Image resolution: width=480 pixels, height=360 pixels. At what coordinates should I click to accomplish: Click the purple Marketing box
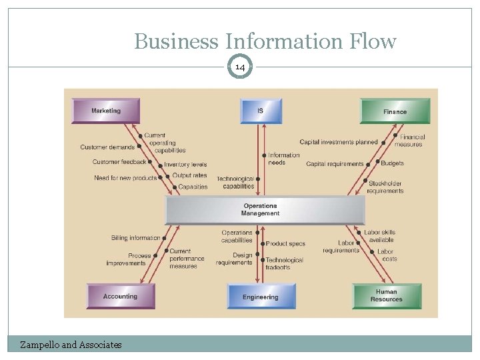pos(106,111)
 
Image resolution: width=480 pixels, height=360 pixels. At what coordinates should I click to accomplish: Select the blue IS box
pos(261,111)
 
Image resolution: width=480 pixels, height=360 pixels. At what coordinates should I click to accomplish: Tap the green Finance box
pos(395,111)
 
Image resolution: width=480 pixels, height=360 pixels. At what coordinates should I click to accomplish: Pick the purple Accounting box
pos(121,296)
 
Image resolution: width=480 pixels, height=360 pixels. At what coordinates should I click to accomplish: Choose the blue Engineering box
pos(261,297)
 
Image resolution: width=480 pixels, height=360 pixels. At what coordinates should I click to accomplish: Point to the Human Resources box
pos(387,296)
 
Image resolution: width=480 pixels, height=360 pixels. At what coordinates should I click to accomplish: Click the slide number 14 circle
pos(241,67)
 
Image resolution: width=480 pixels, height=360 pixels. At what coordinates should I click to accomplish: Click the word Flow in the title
pos(367,41)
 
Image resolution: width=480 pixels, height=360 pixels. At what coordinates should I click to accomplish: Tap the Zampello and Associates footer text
pos(71,345)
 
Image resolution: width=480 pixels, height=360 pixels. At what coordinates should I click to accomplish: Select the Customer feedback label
pos(119,162)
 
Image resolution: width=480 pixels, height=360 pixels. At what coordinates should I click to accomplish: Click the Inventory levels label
pos(185,165)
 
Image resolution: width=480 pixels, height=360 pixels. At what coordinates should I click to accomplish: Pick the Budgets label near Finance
pos(393,163)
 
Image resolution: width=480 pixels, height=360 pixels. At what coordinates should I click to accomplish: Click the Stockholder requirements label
pos(385,187)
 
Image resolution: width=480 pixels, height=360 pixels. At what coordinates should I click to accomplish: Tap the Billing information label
pos(136,237)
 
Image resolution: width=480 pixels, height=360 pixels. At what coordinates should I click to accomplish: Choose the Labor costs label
pos(386,255)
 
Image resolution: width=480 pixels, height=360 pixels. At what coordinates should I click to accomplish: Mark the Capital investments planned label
pos(338,142)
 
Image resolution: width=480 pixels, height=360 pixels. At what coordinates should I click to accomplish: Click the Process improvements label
pos(126,259)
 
